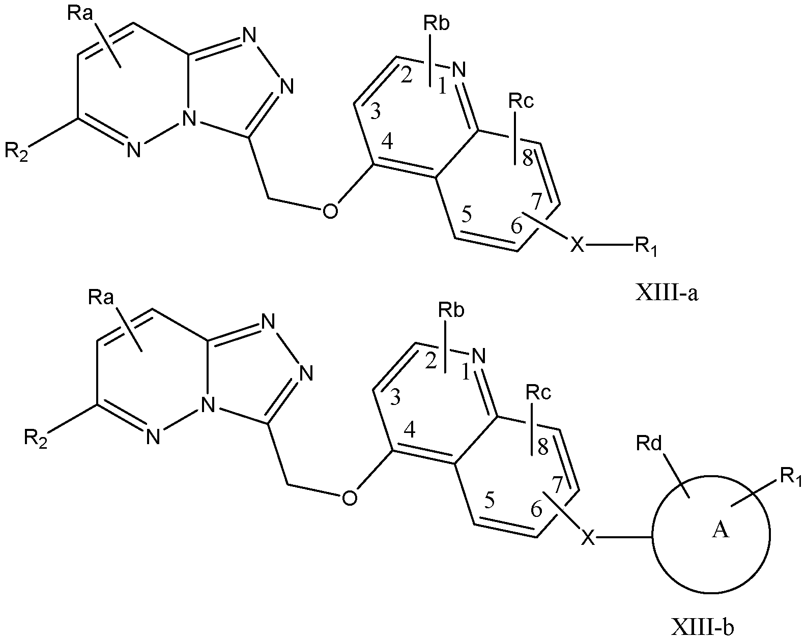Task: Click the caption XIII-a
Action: pos(667,293)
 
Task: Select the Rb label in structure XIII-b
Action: pos(451,310)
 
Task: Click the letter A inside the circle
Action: pos(720,530)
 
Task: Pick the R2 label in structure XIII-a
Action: pos(16,152)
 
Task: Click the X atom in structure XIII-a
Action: pos(577,245)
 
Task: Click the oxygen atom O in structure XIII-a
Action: pos(330,211)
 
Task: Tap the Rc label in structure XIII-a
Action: pos(521,101)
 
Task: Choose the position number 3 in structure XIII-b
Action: pos(395,397)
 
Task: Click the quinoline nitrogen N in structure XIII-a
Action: pos(459,70)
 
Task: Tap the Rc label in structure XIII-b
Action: pos(538,392)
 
